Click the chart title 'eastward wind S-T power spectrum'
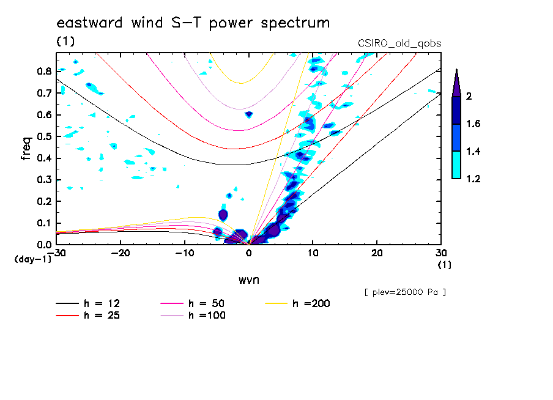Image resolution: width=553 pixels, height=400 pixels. coord(193,23)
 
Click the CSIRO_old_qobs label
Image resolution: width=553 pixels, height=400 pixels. coord(399,43)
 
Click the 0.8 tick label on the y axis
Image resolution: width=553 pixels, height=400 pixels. coord(43,71)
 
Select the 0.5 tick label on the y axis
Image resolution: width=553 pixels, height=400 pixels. coord(43,136)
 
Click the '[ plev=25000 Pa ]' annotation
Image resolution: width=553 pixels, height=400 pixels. coord(404,292)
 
